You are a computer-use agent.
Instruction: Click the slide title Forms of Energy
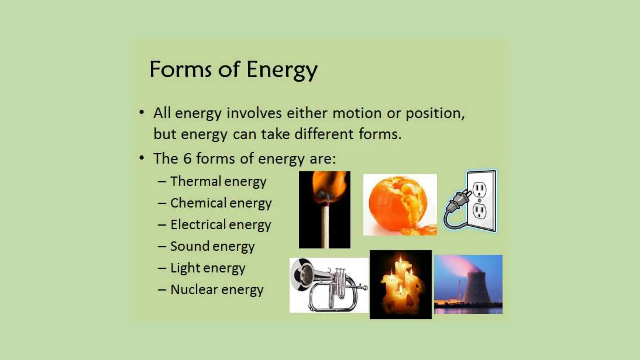click(x=233, y=69)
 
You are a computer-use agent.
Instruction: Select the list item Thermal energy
click(x=218, y=181)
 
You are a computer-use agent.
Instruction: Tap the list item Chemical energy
click(x=221, y=203)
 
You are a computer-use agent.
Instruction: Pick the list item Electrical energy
click(x=220, y=225)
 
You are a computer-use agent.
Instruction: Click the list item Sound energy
click(x=212, y=246)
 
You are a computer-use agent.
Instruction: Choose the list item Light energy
click(x=207, y=268)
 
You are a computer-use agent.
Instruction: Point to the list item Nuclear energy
click(x=217, y=290)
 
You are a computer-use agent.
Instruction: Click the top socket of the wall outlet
click(x=480, y=189)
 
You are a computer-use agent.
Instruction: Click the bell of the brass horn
click(x=302, y=275)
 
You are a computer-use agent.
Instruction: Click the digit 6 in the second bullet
click(x=187, y=158)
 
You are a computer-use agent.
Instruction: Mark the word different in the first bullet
click(x=324, y=134)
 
